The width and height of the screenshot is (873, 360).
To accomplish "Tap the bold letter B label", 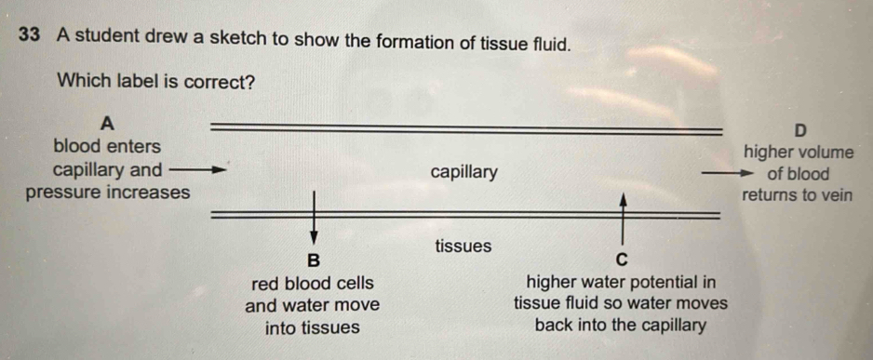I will (x=313, y=258).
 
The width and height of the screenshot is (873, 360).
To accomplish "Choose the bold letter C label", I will (x=623, y=258).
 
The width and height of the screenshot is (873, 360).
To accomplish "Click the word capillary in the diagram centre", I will (x=464, y=172).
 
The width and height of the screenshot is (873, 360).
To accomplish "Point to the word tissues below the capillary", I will (x=462, y=247).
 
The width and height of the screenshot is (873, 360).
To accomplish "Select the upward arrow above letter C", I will (x=623, y=219).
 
